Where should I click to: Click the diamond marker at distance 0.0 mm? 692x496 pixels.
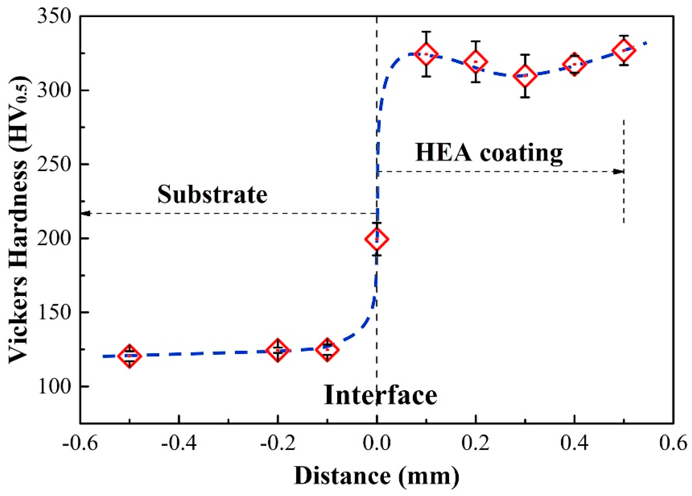[377, 239]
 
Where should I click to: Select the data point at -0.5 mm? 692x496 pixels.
[129, 356]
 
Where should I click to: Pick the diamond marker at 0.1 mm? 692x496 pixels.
[426, 54]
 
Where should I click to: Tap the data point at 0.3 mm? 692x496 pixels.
[525, 76]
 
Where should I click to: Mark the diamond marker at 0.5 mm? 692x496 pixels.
[624, 51]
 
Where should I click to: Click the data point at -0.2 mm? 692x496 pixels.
[277, 350]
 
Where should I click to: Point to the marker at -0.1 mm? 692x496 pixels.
[327, 350]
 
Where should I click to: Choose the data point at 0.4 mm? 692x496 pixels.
[575, 64]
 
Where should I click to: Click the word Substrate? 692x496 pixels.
[212, 195]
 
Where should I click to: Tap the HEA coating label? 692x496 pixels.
[489, 153]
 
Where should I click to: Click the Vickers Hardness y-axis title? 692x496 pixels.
[19, 220]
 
